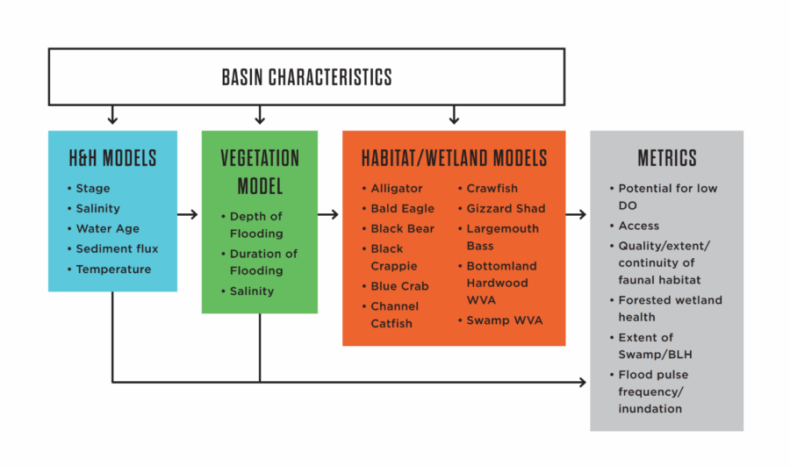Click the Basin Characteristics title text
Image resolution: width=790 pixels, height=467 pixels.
click(x=307, y=77)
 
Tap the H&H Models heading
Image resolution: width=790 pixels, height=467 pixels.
click(x=112, y=158)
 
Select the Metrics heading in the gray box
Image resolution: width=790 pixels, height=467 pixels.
click(x=667, y=158)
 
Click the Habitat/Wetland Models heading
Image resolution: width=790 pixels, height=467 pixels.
click(x=454, y=158)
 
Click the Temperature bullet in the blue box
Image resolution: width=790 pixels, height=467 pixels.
click(x=113, y=269)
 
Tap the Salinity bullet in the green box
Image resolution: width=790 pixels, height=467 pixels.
click(x=251, y=291)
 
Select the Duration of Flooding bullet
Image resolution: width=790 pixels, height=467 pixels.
click(x=262, y=262)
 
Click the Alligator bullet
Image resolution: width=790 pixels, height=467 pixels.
click(x=396, y=189)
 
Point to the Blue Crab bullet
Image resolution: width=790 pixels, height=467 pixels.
click(x=399, y=286)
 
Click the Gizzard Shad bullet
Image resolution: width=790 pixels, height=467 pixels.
click(x=505, y=209)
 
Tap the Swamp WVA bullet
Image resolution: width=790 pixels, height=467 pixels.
click(x=504, y=320)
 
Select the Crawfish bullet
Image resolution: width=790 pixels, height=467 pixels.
click(x=492, y=189)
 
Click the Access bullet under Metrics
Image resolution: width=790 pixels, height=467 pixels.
click(x=638, y=226)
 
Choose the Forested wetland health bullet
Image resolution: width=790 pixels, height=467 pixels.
click(x=670, y=308)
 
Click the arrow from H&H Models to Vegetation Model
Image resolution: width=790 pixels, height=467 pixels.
click(x=189, y=213)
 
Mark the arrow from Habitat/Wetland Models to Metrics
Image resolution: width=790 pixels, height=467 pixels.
click(x=578, y=213)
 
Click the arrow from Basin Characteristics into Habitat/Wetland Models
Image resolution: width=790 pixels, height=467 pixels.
click(x=454, y=115)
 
